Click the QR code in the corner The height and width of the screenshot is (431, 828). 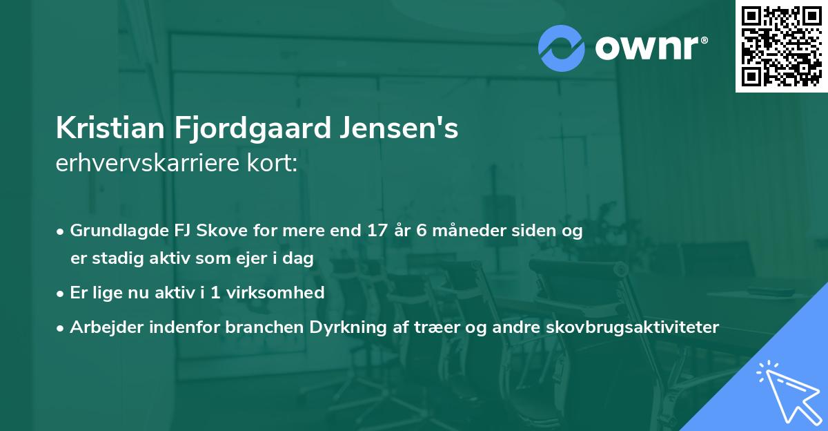[782, 46]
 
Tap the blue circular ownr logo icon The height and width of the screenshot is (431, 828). [562, 48]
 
